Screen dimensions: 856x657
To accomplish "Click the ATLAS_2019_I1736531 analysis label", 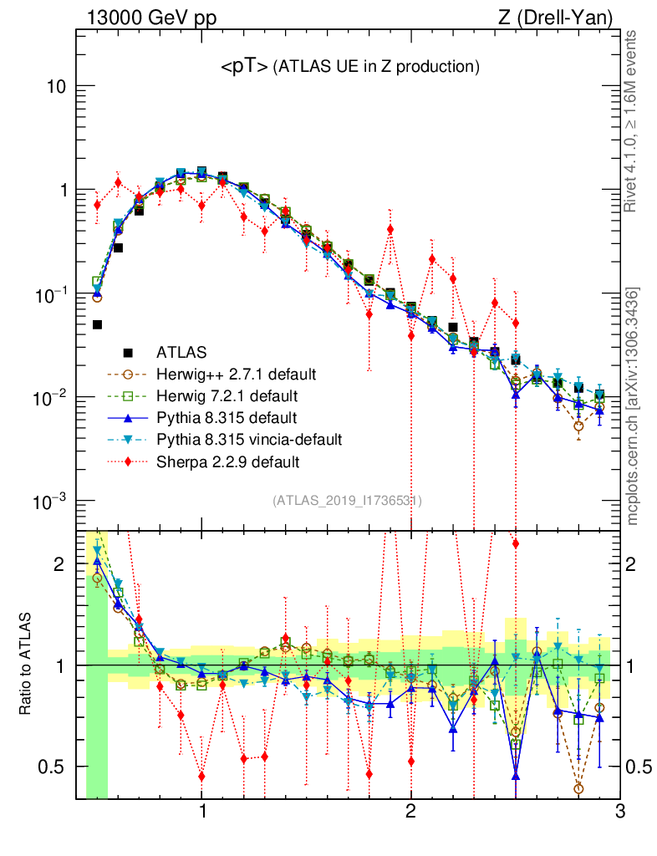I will point(346,501).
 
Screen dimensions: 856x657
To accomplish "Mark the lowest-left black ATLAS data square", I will point(97,324).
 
